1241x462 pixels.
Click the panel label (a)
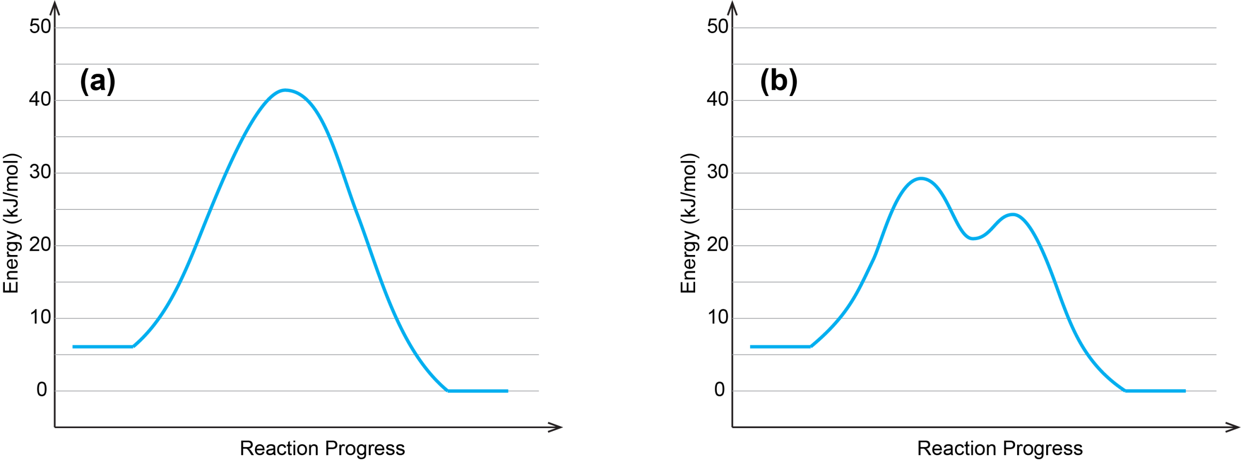point(97,80)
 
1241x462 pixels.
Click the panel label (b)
point(778,80)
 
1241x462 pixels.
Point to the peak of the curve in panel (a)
point(286,90)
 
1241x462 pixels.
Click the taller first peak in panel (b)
point(920,178)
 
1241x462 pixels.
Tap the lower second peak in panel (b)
point(1012,214)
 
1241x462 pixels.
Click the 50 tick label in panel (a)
point(40,27)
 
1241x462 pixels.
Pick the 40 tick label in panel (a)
point(40,99)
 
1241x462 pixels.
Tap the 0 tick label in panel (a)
point(42,390)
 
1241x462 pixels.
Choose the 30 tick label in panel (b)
point(717,172)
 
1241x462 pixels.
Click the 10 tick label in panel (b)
point(717,318)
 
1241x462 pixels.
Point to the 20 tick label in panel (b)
point(717,245)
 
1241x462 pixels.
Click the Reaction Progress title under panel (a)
point(322,448)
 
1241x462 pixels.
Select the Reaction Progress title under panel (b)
point(1000,448)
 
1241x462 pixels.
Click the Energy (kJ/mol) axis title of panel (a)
point(11,223)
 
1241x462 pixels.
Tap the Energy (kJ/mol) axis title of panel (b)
point(688,223)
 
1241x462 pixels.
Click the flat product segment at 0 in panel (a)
point(477,391)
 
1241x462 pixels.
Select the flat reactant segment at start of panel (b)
point(780,347)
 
